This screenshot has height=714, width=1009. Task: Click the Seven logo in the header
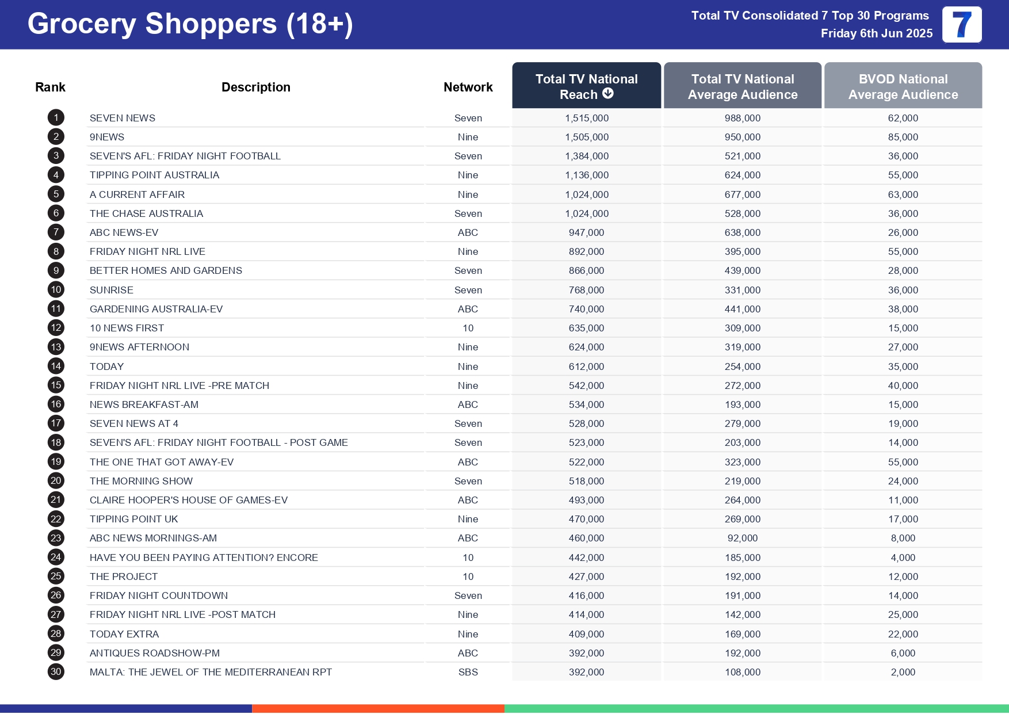(961, 25)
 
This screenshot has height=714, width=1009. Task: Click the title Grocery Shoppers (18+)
(190, 24)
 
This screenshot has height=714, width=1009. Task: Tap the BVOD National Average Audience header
(903, 86)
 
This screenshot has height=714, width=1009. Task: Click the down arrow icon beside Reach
(608, 94)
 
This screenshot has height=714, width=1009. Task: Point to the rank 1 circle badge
(56, 118)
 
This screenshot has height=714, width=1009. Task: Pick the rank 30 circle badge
(56, 672)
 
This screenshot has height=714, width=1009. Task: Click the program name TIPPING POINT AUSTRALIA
(154, 175)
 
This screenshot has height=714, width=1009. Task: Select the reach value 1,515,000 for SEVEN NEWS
(586, 118)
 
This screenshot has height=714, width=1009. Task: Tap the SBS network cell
(468, 672)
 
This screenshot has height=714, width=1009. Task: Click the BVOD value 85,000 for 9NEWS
(903, 137)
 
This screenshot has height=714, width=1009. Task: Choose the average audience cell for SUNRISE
(742, 290)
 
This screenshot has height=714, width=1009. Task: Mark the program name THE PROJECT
(123, 576)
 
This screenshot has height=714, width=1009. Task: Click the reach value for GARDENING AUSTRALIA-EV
(586, 309)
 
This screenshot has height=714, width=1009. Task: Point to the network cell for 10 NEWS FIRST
(468, 328)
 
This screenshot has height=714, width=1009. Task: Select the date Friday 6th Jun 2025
(876, 33)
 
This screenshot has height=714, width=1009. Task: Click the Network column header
(468, 87)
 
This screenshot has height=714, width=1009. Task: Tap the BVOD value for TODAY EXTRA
(903, 634)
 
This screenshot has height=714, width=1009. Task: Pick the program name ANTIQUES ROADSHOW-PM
(154, 653)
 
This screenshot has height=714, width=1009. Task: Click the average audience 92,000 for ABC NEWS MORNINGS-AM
(742, 538)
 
